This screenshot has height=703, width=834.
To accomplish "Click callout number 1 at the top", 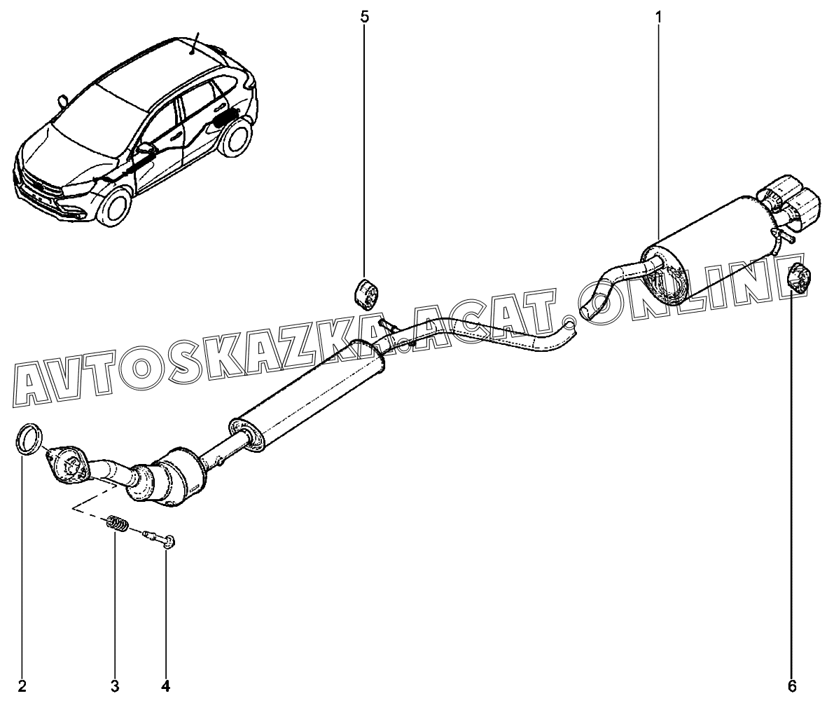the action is pos(658,17).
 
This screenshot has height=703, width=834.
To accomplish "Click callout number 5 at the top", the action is pos(364,17).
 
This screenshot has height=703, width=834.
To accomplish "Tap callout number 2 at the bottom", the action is pos(22,686).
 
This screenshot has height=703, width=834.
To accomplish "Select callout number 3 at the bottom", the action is pos(114,686).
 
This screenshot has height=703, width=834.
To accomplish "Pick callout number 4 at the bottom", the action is pos(165,686).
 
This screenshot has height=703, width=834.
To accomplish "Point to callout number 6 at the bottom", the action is pos(792,686).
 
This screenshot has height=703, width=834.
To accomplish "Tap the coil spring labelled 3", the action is pos(118,523).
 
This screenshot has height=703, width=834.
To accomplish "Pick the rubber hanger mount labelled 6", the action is pos(798,278).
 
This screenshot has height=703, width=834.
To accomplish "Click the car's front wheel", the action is pos(116,205).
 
